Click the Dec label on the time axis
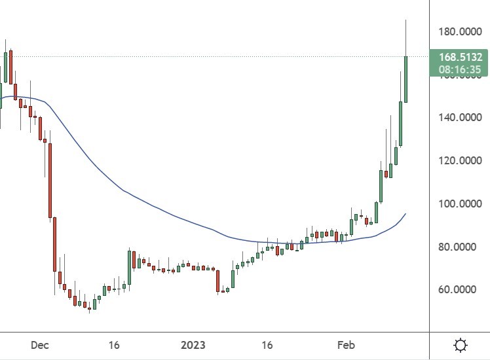tap(39, 345)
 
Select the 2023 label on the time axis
tap(193, 345)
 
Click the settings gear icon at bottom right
tap(461, 345)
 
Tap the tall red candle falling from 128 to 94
tap(50, 180)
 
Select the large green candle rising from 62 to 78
tap(130, 267)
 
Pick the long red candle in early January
tap(217, 280)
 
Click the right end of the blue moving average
tap(405, 214)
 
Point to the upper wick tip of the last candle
tap(406, 20)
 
